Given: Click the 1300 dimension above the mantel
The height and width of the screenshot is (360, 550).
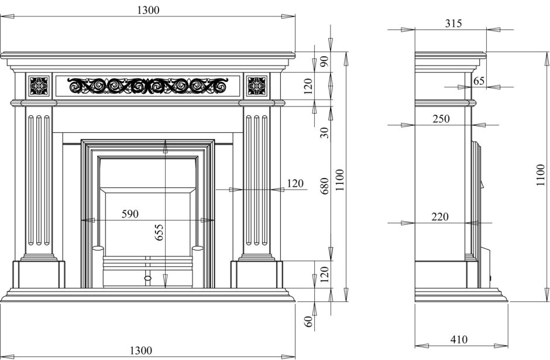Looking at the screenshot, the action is tap(147, 10).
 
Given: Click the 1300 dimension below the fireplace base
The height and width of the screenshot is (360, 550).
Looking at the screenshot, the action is tap(141, 350).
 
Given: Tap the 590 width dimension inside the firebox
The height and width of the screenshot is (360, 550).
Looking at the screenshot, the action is tap(130, 214).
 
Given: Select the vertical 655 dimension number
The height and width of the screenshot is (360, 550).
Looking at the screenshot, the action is tap(159, 232).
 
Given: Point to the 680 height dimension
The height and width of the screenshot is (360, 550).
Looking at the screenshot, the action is tap(325, 186).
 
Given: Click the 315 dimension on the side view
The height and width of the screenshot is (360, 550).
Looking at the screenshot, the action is tap(453, 23).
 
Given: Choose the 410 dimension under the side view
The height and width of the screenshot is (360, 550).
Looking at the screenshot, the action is tap(459, 340).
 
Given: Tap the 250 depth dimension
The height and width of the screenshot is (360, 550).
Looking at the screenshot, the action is tap(441, 119).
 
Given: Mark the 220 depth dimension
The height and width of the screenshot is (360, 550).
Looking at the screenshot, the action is tap(440, 217).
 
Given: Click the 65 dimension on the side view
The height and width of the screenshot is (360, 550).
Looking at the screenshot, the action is tap(479, 81).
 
